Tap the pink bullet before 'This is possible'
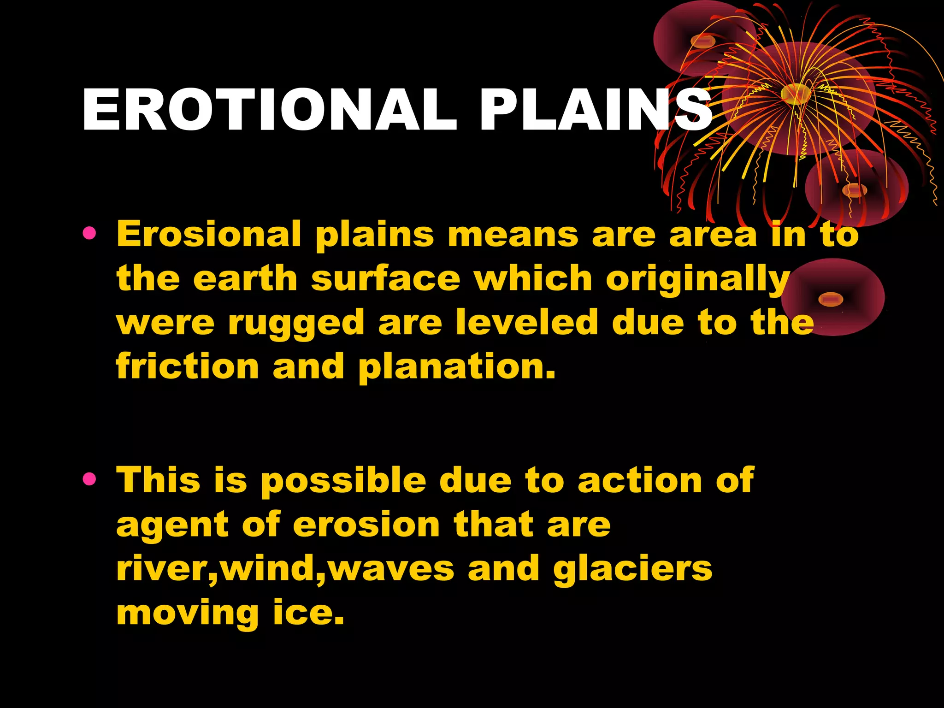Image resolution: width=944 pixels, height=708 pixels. tap(89, 480)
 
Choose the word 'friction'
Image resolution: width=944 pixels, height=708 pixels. tap(187, 366)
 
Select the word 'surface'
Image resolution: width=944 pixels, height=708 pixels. tap(385, 279)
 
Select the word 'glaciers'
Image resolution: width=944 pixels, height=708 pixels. tap(632, 569)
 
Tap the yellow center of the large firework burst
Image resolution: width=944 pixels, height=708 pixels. tap(796, 94)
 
